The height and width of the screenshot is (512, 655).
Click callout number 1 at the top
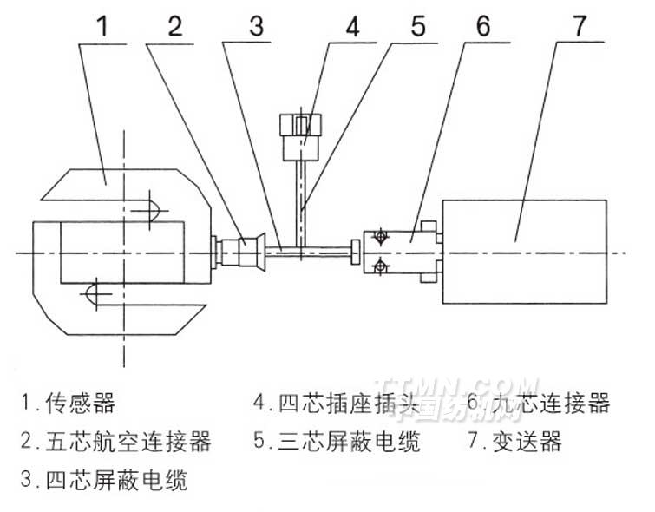pyautogui.click(x=103, y=27)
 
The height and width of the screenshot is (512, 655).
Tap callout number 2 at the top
pyautogui.click(x=176, y=27)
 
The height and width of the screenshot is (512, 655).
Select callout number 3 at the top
pyautogui.click(x=255, y=27)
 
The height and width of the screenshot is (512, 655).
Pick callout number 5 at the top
pyautogui.click(x=417, y=27)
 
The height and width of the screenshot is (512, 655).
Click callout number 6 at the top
pyautogui.click(x=482, y=27)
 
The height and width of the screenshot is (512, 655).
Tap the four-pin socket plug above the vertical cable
pyautogui.click(x=301, y=135)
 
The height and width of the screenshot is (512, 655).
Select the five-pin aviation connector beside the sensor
pyautogui.click(x=244, y=252)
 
